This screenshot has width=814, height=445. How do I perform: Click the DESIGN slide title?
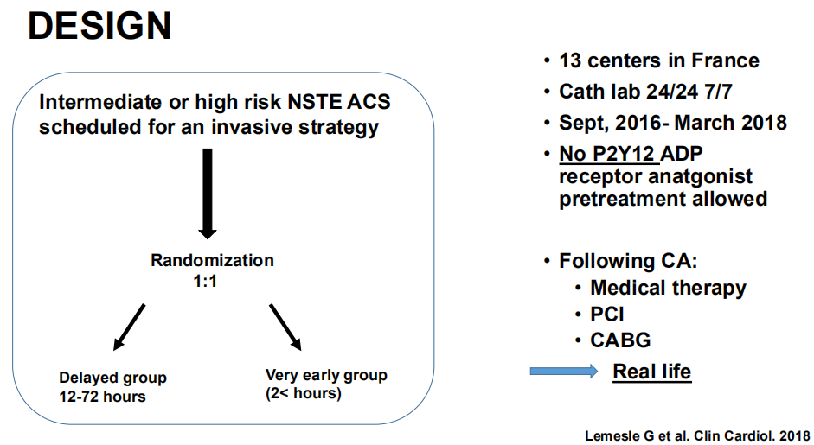99,26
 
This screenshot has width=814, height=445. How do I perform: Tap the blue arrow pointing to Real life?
564,371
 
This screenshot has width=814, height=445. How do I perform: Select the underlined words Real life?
651,372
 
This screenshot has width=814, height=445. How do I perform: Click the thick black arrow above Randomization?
207,194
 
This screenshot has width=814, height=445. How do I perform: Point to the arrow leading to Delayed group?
129,327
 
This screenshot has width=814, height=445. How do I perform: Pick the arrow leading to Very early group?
285,327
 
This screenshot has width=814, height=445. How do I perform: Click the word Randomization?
212,260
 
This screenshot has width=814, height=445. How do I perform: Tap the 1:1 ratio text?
205,281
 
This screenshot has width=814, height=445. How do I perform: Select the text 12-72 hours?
102,397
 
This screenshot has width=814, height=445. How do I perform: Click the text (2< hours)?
303,393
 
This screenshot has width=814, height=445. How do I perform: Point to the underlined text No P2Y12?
606,154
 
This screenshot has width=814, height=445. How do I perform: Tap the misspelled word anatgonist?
701,177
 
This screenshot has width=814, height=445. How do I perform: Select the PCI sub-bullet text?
607,315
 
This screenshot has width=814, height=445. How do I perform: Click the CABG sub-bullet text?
620,340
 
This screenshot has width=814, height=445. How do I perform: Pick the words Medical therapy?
668,288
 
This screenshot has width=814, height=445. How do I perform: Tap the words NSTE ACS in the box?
339,102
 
